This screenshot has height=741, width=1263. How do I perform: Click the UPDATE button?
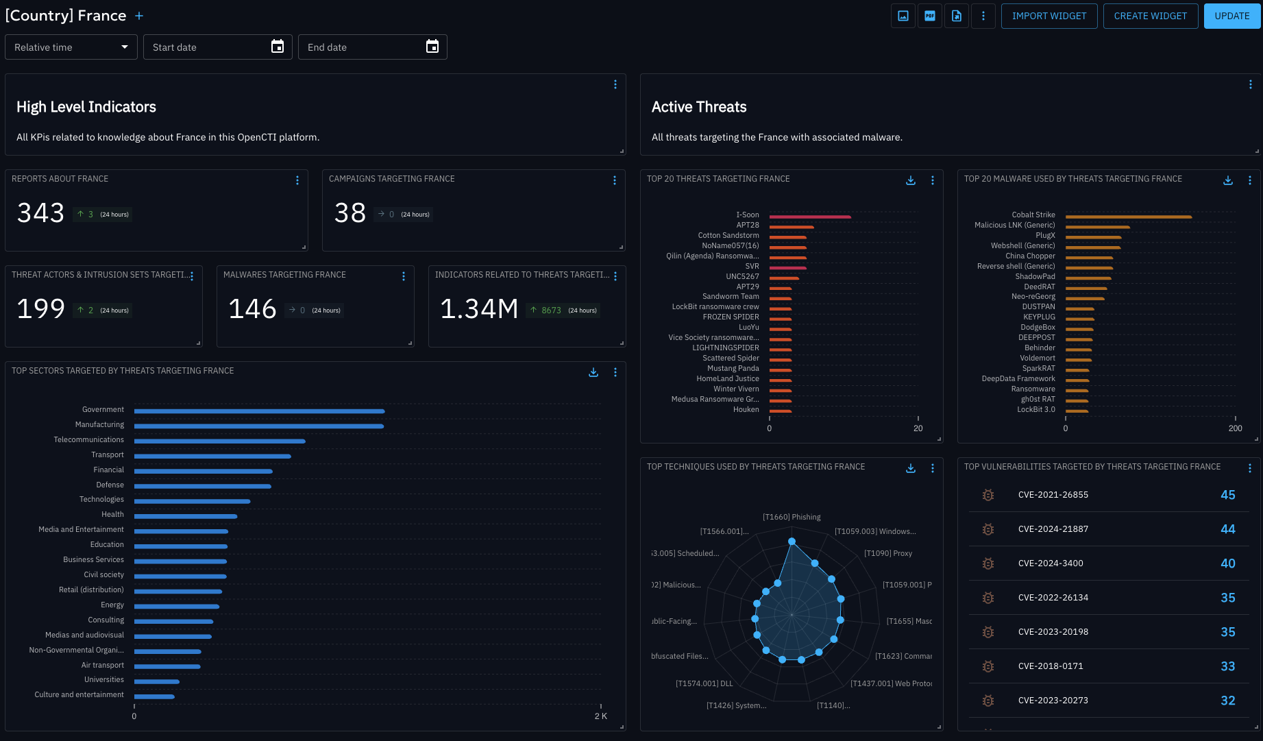click(x=1231, y=16)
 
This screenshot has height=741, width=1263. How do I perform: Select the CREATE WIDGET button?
click(x=1150, y=16)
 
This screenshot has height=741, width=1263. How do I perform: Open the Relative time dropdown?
click(x=71, y=47)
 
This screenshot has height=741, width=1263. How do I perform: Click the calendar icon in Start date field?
click(x=278, y=47)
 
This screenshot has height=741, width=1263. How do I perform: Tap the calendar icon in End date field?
click(x=432, y=47)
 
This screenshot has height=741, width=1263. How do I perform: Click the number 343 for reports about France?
click(x=40, y=213)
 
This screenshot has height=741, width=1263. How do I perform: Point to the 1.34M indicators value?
click(x=479, y=309)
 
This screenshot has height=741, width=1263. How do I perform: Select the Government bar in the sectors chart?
click(x=259, y=411)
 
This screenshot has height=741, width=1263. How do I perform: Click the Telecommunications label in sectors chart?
click(x=89, y=439)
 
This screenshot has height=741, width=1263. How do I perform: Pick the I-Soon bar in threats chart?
click(x=809, y=217)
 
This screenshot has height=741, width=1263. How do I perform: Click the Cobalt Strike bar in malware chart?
click(x=1128, y=217)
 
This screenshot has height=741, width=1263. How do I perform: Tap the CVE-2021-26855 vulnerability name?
click(x=1053, y=495)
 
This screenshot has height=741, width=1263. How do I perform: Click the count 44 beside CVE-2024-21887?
click(x=1227, y=529)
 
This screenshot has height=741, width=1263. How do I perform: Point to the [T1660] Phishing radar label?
click(x=792, y=517)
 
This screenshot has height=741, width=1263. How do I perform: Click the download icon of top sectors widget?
click(x=593, y=372)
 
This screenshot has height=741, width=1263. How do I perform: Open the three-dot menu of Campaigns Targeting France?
click(x=615, y=180)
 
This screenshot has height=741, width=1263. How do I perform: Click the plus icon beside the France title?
click(x=139, y=16)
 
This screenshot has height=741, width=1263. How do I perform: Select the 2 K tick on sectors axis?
click(x=600, y=716)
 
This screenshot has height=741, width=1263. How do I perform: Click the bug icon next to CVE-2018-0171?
click(x=988, y=666)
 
